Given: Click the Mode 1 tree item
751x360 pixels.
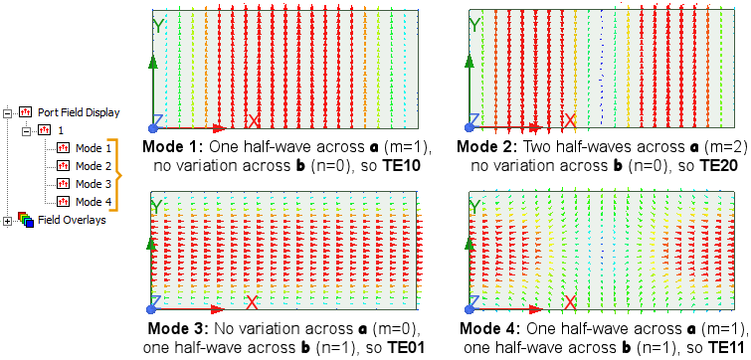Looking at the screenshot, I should (x=94, y=148).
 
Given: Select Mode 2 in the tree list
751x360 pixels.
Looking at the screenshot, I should (x=94, y=166).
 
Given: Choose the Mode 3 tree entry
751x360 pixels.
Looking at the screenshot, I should (x=94, y=184).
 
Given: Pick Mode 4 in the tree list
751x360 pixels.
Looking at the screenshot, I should (x=94, y=202).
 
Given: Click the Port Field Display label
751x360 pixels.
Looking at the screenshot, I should (x=78, y=112).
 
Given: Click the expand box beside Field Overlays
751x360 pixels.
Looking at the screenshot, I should (x=9, y=220).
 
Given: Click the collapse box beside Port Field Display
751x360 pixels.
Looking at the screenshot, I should (x=9, y=112).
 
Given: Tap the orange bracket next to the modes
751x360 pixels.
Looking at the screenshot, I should (x=119, y=175).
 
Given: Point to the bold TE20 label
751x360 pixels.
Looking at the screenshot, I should (x=712, y=165).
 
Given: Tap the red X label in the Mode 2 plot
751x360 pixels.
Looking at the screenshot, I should (x=569, y=120).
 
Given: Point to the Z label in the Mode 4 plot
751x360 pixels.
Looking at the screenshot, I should (x=471, y=303).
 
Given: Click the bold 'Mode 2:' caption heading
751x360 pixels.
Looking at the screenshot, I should (x=485, y=146).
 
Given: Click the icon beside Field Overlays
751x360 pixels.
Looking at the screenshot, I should (x=26, y=220).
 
